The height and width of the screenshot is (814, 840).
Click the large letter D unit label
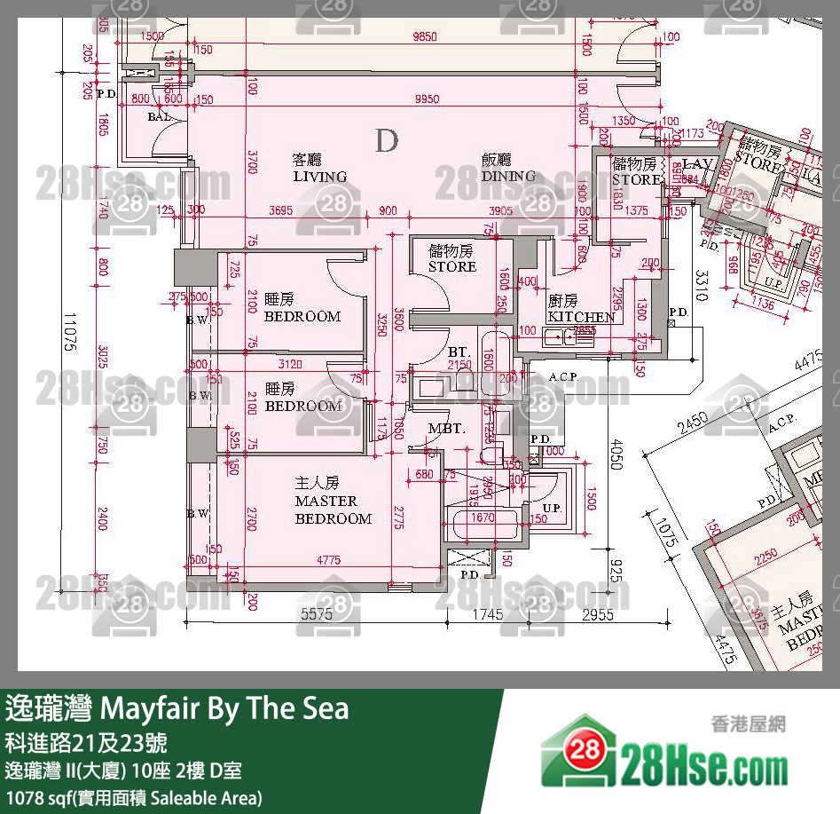coord(386,140)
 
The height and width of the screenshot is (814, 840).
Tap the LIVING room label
coord(319,169)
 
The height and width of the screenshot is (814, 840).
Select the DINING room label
coord(508,168)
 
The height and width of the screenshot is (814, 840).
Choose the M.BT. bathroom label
coord(446,429)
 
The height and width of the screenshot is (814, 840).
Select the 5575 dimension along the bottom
coord(317,613)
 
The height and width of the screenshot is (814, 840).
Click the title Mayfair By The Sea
coord(177,708)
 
